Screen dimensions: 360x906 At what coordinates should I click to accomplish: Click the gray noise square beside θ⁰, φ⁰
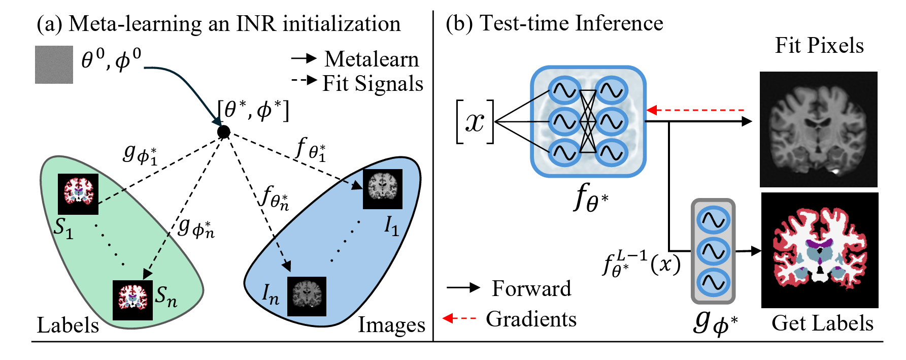[54, 64]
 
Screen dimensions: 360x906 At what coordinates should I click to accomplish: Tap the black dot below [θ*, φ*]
[223, 132]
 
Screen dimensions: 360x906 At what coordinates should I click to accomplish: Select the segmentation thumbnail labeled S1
[78, 194]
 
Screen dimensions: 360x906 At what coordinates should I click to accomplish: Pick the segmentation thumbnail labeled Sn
[132, 300]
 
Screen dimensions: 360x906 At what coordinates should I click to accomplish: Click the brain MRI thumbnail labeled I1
[382, 189]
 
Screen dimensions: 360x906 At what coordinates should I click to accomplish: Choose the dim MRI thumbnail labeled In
[307, 296]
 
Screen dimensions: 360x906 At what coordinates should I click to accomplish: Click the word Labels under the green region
[68, 325]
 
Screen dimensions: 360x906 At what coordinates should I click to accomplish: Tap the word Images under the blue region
[391, 325]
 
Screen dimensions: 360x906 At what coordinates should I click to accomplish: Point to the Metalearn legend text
[372, 59]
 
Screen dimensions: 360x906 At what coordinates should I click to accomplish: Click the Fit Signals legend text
[373, 84]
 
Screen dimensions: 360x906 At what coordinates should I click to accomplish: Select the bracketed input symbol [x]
[475, 122]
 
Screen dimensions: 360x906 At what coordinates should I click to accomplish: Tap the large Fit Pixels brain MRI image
[818, 129]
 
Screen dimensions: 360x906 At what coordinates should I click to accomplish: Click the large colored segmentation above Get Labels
[819, 250]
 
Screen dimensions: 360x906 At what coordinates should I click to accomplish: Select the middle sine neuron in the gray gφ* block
[713, 251]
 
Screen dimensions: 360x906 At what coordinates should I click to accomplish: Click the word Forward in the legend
[531, 288]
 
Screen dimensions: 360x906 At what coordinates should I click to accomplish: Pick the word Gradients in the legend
[531, 319]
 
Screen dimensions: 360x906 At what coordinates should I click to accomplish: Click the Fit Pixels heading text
[819, 46]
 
